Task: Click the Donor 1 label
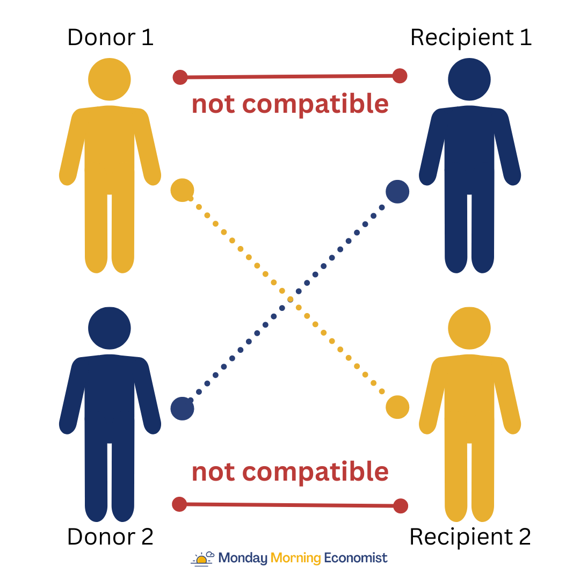click(110, 38)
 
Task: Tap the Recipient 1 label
click(470, 38)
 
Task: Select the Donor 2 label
click(110, 536)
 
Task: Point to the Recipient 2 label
click(470, 536)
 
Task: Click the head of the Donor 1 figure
click(110, 79)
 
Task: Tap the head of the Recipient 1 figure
click(469, 79)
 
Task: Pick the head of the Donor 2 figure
click(110, 328)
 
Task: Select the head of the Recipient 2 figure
click(469, 328)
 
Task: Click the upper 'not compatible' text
click(290, 104)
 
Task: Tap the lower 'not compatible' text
click(290, 472)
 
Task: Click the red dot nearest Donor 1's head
click(180, 77)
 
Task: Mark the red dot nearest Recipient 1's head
click(400, 76)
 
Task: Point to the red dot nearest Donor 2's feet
click(179, 504)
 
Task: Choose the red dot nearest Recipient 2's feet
click(401, 506)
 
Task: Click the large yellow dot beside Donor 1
click(182, 190)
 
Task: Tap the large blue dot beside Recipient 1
click(397, 192)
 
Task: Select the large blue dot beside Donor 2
click(182, 409)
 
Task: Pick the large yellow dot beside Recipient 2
click(397, 407)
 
